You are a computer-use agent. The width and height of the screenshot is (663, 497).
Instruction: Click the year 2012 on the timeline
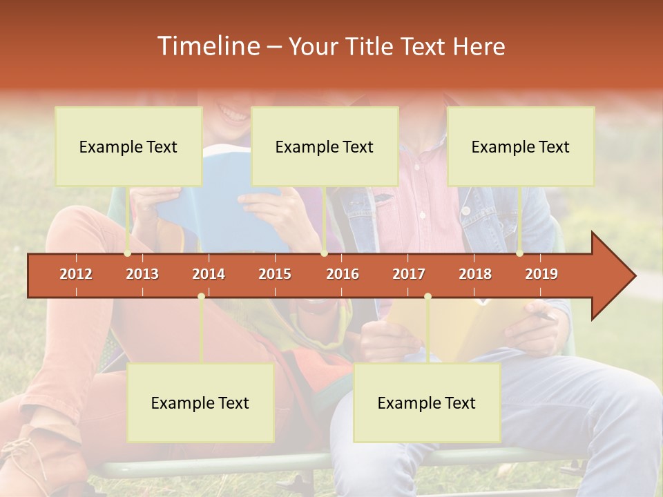coord(76,274)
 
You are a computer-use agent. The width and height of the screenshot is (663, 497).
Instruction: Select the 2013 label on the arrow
coord(142,274)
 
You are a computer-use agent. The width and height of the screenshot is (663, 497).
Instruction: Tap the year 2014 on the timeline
coord(209,274)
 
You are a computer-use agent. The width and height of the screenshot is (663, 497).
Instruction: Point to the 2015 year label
coord(275,274)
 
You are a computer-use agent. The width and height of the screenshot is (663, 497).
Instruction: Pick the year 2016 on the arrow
coord(343,274)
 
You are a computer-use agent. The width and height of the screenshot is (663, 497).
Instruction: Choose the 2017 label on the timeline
coord(409,274)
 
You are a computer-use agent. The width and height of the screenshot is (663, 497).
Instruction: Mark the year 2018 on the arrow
coord(475,274)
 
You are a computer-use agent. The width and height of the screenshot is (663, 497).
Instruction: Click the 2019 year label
coord(541,274)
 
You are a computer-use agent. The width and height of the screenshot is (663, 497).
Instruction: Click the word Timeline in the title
coord(206,46)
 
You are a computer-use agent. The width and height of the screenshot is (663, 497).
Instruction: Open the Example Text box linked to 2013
coord(128,146)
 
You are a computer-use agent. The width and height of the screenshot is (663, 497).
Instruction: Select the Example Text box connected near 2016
coord(325,146)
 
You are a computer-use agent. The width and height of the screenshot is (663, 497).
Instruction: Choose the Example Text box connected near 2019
coord(521,146)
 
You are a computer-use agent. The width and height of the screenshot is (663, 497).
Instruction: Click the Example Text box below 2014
coord(200,403)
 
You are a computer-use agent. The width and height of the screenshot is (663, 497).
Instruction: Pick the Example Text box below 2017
coord(427,403)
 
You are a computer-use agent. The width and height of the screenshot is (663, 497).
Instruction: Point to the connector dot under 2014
coord(201,296)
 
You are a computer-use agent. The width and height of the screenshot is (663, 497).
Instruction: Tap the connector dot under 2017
coord(427,296)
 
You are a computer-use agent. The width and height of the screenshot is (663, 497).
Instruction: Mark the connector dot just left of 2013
coord(127,253)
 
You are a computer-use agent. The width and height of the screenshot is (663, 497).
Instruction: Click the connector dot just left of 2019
coord(519,253)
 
